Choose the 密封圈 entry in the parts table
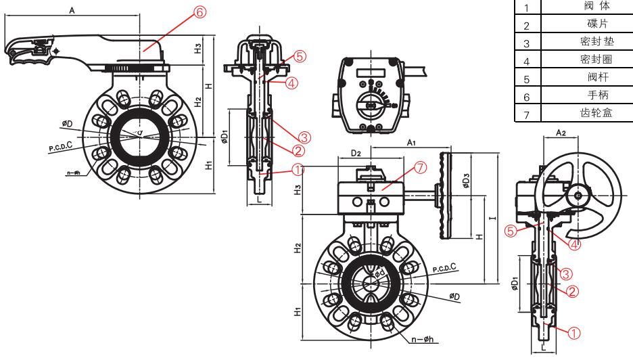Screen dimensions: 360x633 589,60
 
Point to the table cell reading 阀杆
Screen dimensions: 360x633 589,78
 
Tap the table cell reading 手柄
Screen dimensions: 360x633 589,95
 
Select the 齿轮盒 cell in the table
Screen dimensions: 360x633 589,112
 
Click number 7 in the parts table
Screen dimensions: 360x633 525,113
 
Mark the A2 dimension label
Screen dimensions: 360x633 561,133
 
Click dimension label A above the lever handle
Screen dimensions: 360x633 72,10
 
